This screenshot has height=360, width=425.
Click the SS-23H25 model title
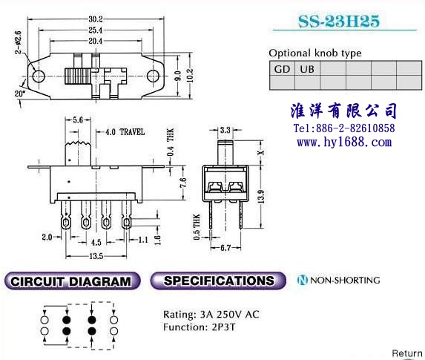[x=339, y=22]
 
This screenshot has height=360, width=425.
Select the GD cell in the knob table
[x=282, y=69]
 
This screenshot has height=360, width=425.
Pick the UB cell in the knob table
[x=307, y=69]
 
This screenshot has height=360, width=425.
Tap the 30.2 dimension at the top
[x=96, y=19]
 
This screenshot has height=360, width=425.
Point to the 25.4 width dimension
[x=96, y=30]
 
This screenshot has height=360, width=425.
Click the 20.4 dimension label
[x=96, y=41]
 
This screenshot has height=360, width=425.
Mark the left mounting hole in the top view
[x=39, y=76]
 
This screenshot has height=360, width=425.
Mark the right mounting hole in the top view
[x=153, y=76]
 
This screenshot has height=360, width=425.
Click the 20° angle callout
[x=20, y=94]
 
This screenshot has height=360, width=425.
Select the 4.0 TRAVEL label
[x=125, y=132]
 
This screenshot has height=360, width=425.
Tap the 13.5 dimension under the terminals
[x=96, y=256]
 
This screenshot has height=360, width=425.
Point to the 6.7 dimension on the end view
[x=225, y=248]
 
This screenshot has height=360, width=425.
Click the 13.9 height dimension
[x=261, y=197]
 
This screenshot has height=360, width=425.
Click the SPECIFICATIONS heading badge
[x=218, y=281]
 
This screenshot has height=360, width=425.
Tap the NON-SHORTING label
[x=338, y=280]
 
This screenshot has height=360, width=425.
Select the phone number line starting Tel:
[x=344, y=128]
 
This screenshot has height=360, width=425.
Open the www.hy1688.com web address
[x=344, y=142]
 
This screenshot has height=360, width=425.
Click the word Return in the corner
[x=407, y=353]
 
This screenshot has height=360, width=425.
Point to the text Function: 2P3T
[x=199, y=327]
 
